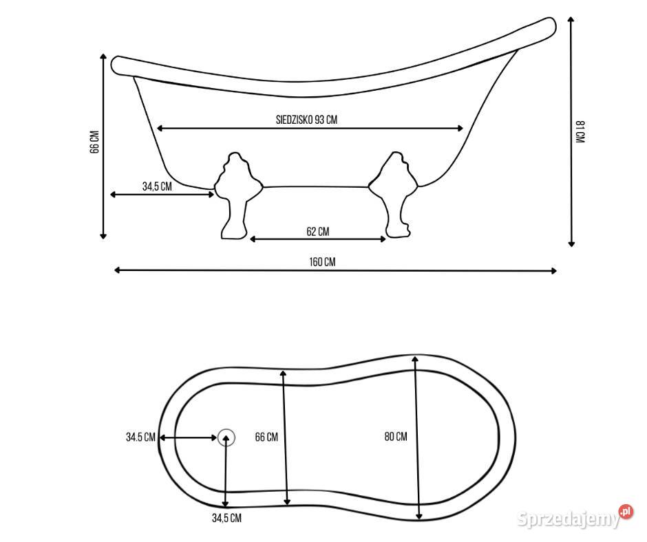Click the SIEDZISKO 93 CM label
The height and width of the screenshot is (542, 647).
coord(306,120)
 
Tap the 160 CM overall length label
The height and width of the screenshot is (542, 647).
coord(322,262)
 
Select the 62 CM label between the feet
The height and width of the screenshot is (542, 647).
coord(318,231)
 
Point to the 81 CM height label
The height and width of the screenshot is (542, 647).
coord(580,131)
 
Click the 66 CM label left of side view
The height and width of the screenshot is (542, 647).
coord(94,142)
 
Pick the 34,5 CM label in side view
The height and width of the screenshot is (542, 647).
coord(157,186)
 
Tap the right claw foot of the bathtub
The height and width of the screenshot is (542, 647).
coord(394,195)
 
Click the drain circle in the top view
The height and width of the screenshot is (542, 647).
coord(226,437)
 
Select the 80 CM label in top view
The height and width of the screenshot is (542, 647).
coord(396,436)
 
